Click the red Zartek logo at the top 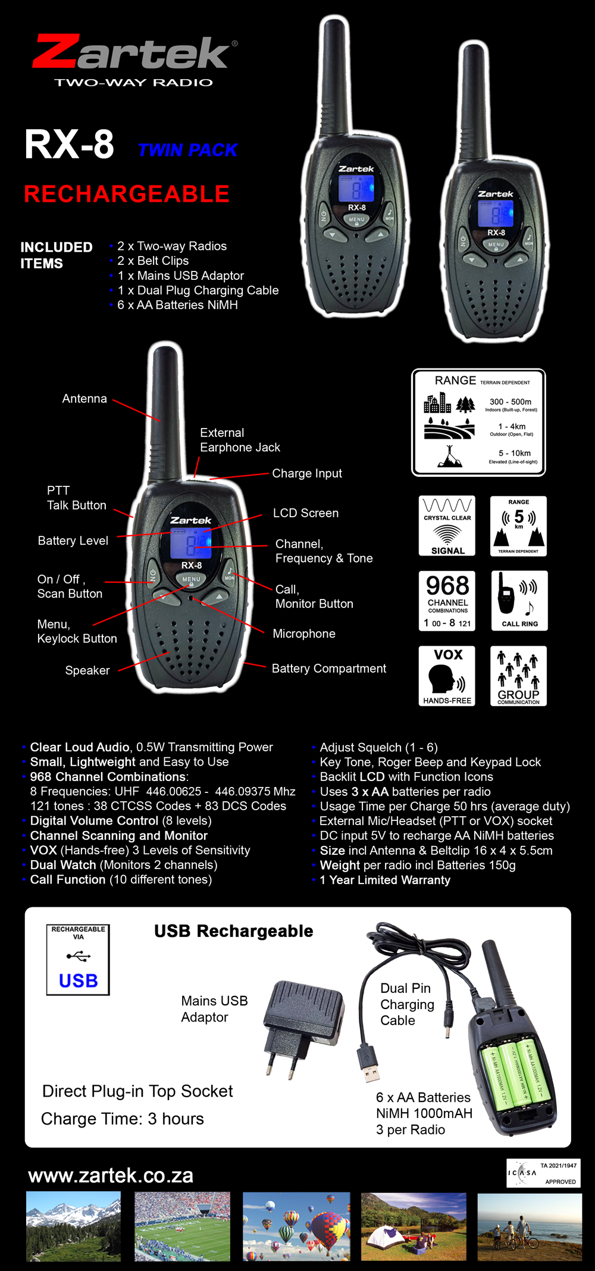(134, 53)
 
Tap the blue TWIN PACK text (187, 150)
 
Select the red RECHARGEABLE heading (126, 194)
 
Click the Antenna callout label (84, 399)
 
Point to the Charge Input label (307, 473)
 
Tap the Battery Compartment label (328, 669)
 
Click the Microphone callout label (303, 633)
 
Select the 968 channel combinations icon (447, 601)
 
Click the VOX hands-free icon (447, 676)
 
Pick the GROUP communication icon (518, 676)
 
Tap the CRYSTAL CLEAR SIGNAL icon (447, 526)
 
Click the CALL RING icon (519, 601)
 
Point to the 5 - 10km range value (514, 453)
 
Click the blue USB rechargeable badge (78, 959)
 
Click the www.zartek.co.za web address (111, 1176)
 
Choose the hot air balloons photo (296, 1226)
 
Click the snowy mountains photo (73, 1226)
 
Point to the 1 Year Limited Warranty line (385, 880)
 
